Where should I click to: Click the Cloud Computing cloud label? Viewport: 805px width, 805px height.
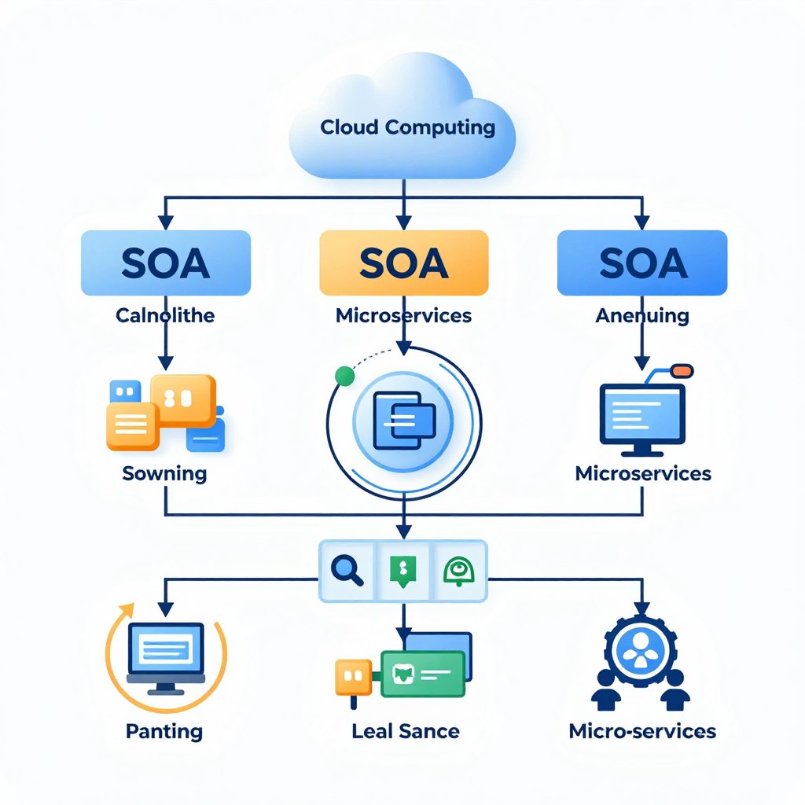click(x=407, y=127)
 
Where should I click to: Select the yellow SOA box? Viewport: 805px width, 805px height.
click(x=403, y=263)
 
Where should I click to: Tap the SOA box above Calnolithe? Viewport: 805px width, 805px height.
click(x=165, y=263)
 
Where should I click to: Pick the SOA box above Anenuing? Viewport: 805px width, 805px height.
click(x=642, y=263)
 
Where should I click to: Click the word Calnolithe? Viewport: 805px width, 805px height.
click(x=165, y=316)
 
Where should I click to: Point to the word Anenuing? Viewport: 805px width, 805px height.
click(x=642, y=316)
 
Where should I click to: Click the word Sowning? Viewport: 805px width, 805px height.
click(x=164, y=473)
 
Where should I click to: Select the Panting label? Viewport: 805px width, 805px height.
click(x=164, y=731)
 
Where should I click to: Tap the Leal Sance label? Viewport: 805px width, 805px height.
click(x=406, y=731)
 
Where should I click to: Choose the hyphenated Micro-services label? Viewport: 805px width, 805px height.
click(x=642, y=731)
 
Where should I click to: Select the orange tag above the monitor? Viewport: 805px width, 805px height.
click(x=682, y=369)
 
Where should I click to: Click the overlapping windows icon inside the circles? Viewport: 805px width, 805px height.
click(x=403, y=420)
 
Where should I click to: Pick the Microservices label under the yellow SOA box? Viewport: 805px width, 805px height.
click(x=403, y=316)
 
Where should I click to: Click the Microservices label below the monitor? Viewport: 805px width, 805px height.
click(x=643, y=473)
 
